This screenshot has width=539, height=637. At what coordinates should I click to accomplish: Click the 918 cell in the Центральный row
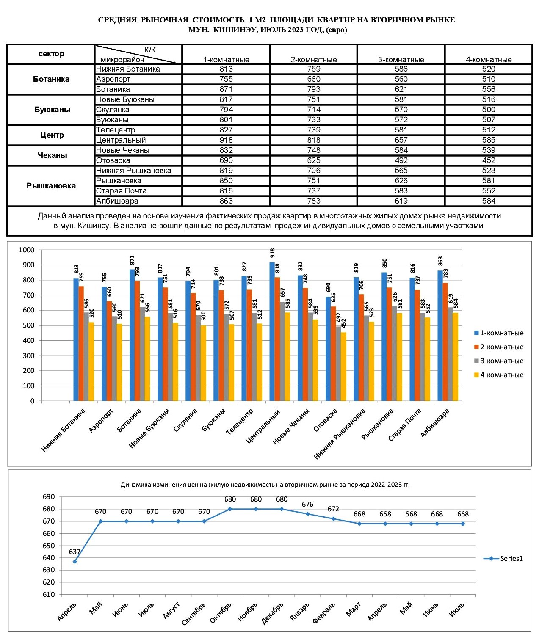point(226,140)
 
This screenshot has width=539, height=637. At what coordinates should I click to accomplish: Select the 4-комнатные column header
point(489,60)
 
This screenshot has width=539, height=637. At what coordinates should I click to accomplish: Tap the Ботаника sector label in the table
point(51,79)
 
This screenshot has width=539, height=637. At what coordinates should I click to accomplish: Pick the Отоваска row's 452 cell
point(489,160)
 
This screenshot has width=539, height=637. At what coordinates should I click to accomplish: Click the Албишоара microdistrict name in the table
point(117,201)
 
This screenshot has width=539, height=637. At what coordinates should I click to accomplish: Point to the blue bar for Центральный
point(272,331)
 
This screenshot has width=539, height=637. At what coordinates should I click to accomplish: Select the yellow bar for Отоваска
point(343,367)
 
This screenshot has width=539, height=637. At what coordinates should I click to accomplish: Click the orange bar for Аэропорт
point(109,351)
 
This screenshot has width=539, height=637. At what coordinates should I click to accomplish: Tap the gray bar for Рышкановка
point(394,353)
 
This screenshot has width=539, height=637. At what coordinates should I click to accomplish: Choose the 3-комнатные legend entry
point(499,361)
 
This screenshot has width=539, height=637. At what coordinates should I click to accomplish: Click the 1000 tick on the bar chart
point(27,250)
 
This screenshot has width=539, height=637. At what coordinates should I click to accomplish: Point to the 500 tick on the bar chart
point(28,325)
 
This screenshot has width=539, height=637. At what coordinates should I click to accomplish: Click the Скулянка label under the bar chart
point(185,420)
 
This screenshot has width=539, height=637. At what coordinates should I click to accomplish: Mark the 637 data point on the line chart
point(75,562)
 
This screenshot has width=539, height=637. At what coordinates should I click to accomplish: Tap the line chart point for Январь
point(307,514)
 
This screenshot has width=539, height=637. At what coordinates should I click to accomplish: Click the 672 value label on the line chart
point(333,509)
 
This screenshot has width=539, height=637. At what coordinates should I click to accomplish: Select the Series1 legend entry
point(503,558)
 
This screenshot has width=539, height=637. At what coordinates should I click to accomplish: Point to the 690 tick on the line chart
point(49,497)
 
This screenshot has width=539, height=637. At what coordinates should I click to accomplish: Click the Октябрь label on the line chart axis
point(221,613)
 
